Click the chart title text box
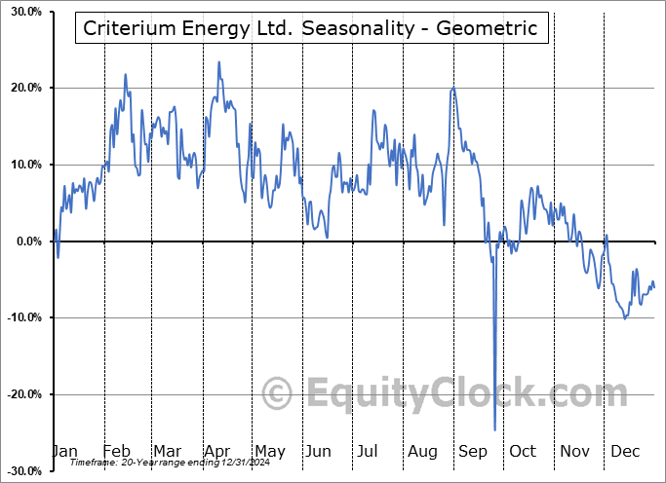click(311, 28)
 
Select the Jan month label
click(64, 451)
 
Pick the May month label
click(269, 451)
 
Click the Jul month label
click(369, 451)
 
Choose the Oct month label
click(523, 451)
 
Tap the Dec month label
click(624, 451)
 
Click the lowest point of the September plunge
click(494, 429)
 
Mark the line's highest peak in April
click(218, 62)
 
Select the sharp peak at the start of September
click(452, 89)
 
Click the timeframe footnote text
click(160, 463)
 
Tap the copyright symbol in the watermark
click(278, 394)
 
